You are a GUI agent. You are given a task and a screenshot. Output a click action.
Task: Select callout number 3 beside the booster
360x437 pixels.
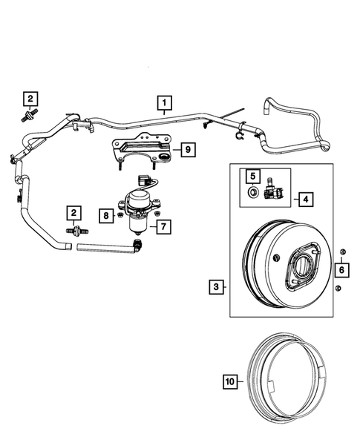pyautogui.click(x=215, y=286)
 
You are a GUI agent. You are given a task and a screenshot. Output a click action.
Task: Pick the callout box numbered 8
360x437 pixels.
pyautogui.click(x=107, y=216)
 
